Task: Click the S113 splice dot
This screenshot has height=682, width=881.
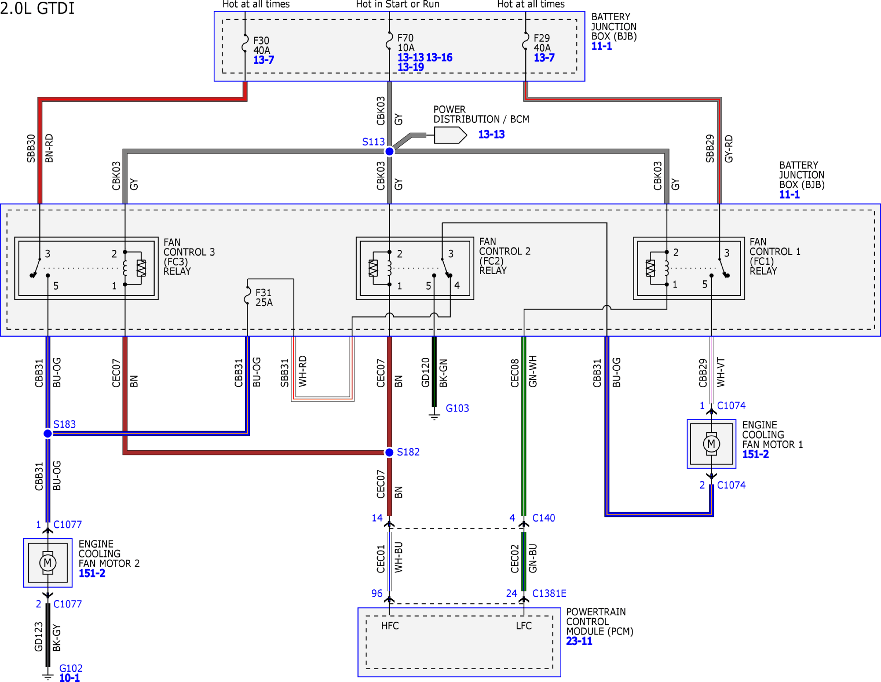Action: [x=389, y=151]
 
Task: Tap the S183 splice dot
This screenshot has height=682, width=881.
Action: [x=48, y=433]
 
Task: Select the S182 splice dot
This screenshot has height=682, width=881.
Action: [x=389, y=452]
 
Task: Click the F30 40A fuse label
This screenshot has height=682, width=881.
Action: [x=261, y=45]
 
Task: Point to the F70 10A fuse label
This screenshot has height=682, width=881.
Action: [x=406, y=43]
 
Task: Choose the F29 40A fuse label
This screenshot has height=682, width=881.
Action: [x=542, y=43]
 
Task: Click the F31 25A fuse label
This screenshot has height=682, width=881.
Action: [x=264, y=298]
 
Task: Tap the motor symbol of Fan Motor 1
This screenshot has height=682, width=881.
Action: [x=711, y=444]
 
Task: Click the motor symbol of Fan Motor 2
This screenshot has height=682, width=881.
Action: [x=48, y=563]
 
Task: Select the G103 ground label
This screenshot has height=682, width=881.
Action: [x=457, y=408]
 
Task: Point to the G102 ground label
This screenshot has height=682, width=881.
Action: [x=71, y=668]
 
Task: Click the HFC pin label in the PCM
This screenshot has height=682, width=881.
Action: [x=390, y=626]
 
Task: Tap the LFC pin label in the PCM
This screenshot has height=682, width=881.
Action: [x=524, y=626]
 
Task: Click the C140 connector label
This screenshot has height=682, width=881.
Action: [x=543, y=518]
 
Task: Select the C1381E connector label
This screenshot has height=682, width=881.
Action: [x=549, y=593]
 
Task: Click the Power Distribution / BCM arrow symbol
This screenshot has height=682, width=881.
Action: [x=450, y=135]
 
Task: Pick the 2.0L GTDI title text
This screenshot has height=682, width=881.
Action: [x=37, y=8]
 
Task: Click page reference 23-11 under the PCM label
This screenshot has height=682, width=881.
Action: [x=579, y=641]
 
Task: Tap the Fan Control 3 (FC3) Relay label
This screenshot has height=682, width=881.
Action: [x=189, y=257]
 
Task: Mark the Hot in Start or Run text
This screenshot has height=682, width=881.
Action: [x=397, y=5]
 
